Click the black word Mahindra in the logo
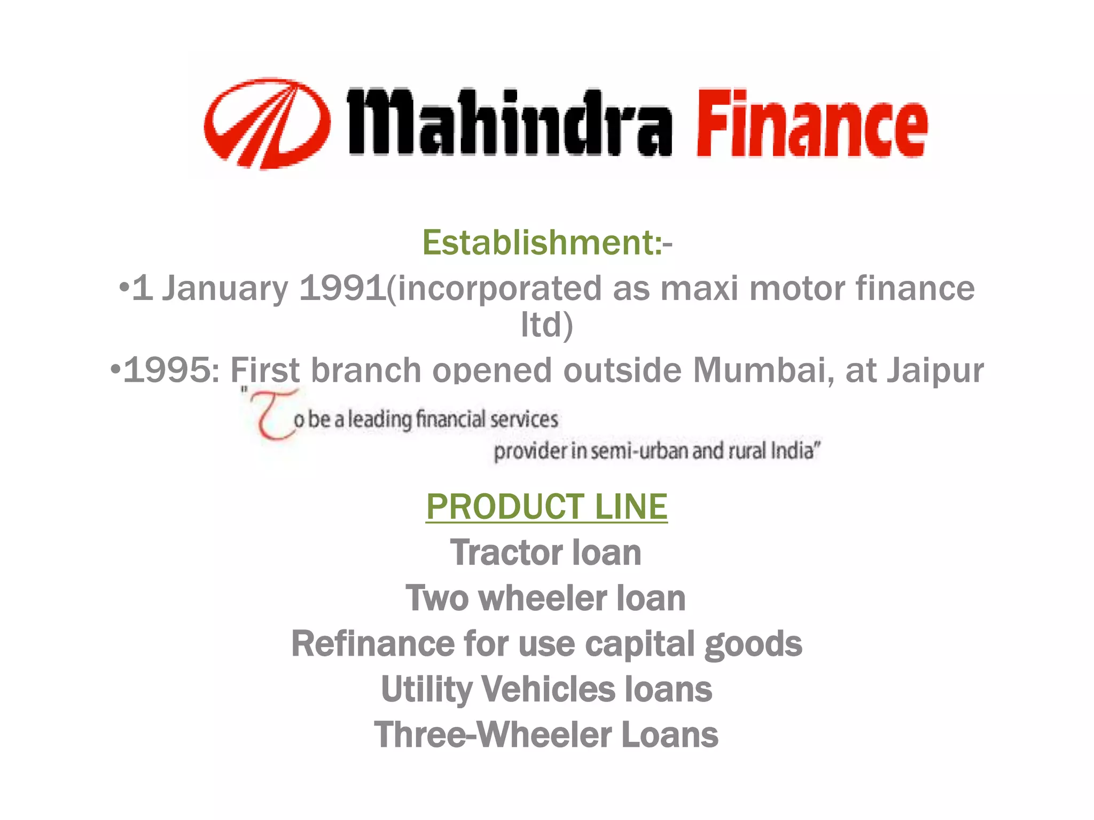pos(509,123)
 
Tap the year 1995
pos(167,369)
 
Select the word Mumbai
pos(764,369)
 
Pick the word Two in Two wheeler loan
pos(436,598)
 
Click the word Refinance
pos(372,643)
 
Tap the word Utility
pos(426,690)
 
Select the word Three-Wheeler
pos(492,735)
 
